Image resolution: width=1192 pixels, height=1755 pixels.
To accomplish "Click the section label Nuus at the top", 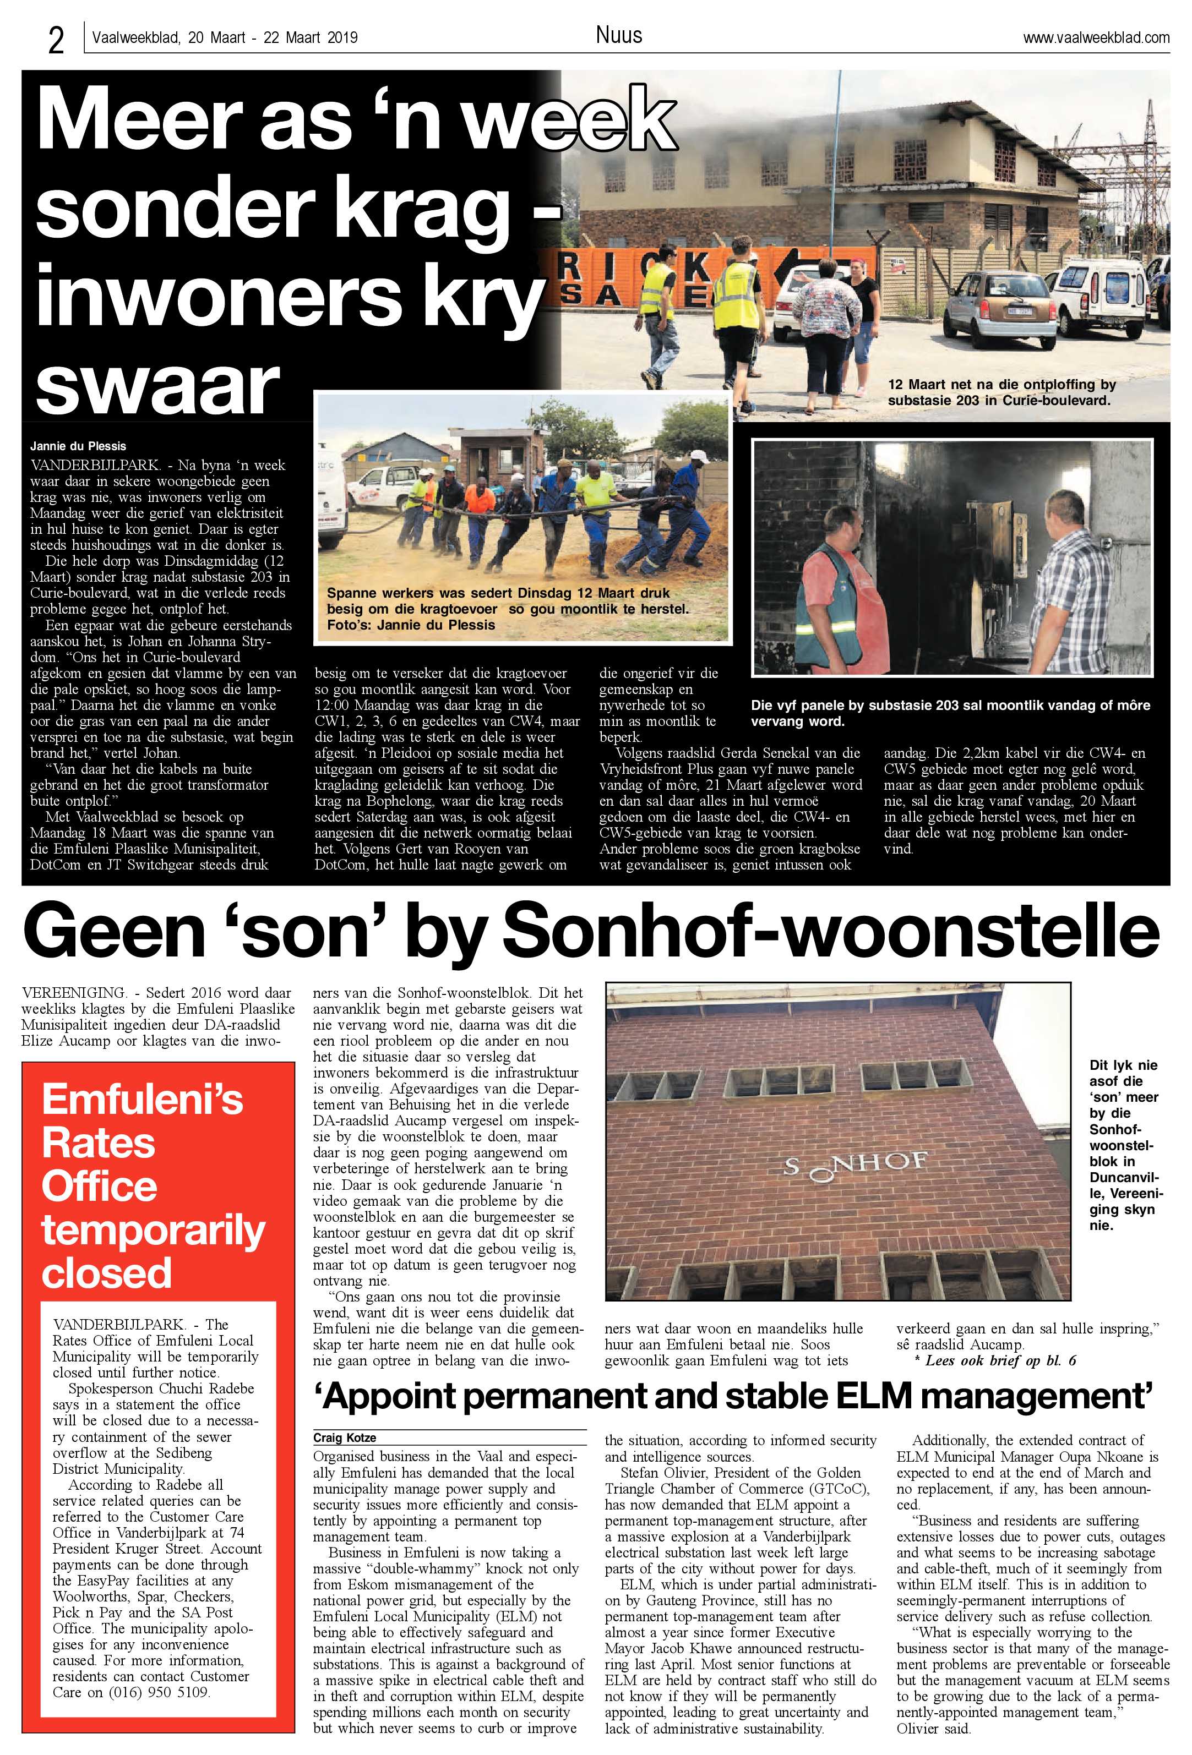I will point(619,35).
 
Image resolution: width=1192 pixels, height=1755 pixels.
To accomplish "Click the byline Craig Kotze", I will point(345,1438).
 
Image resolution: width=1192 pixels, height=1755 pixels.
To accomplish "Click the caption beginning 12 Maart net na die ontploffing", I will point(1001,393).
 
